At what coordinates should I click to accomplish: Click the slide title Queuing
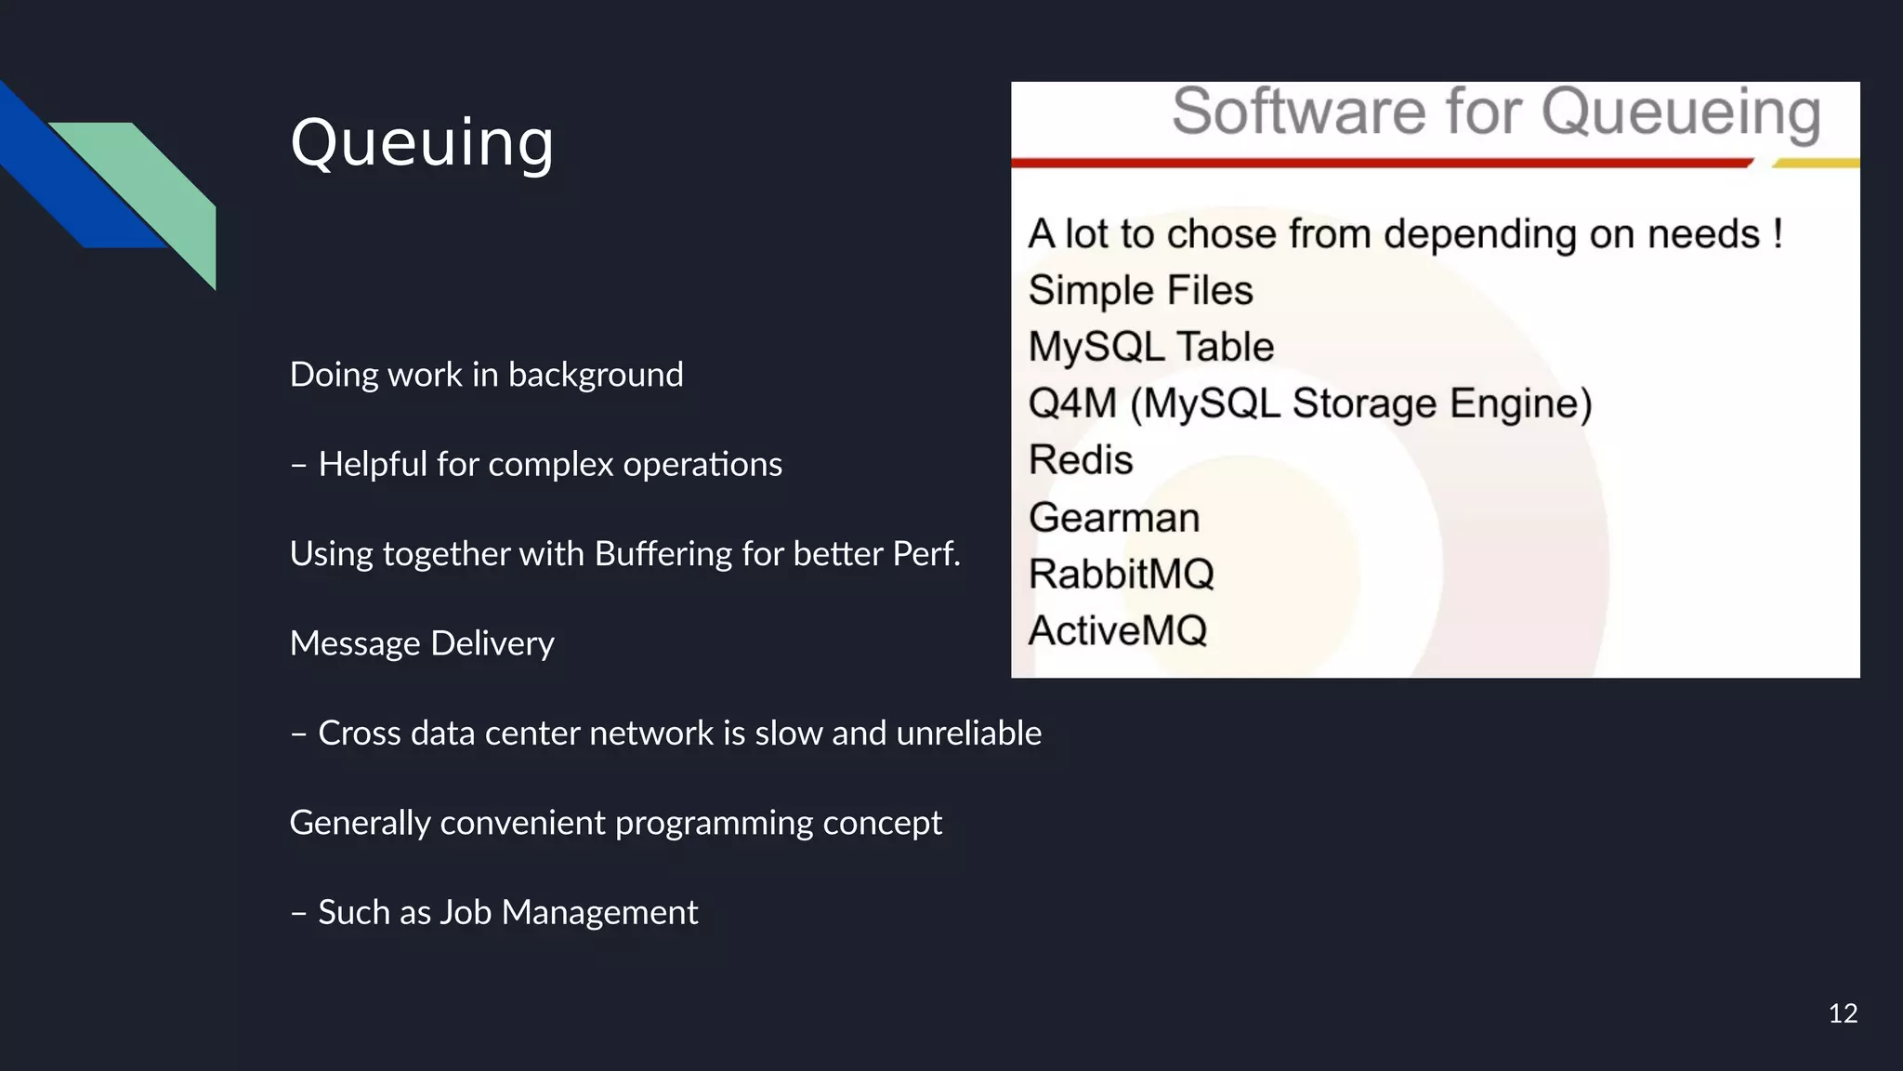(422, 143)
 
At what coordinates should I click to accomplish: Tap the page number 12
(1843, 1013)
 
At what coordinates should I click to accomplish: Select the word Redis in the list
(1081, 460)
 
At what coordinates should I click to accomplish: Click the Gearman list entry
(1114, 518)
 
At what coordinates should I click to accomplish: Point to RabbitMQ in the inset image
(1121, 575)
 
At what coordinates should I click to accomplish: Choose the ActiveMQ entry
(1117, 631)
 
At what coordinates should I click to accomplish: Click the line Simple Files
(1140, 291)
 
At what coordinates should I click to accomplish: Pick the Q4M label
(1072, 404)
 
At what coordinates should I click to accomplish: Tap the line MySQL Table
(1150, 348)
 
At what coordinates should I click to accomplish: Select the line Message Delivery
(422, 643)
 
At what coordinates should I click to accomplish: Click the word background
(596, 375)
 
